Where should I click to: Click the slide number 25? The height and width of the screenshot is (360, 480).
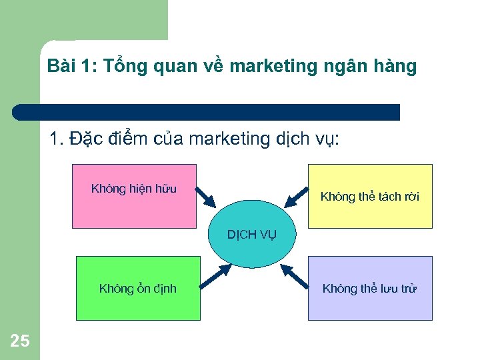click(x=20, y=341)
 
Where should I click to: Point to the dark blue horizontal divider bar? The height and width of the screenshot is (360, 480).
click(x=207, y=112)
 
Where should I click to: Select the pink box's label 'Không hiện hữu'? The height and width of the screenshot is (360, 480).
click(x=134, y=189)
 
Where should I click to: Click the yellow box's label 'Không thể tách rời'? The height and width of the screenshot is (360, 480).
click(x=370, y=196)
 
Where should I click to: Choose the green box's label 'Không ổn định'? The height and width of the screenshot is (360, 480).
click(x=138, y=289)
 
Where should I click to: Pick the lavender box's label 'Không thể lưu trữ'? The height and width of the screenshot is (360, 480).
click(x=370, y=289)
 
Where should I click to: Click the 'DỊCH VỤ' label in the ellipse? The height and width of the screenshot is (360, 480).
click(x=252, y=234)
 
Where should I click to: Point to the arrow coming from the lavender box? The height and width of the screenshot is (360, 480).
click(x=294, y=275)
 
